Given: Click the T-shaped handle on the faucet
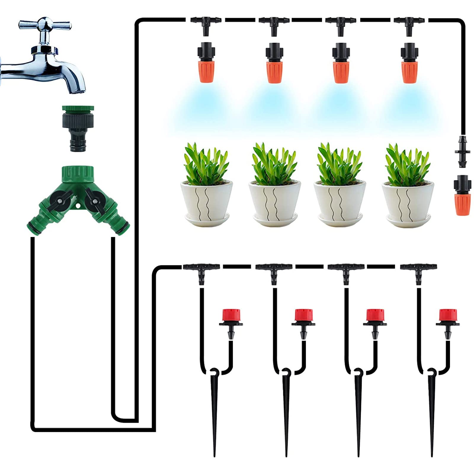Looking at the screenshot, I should [45, 25].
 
